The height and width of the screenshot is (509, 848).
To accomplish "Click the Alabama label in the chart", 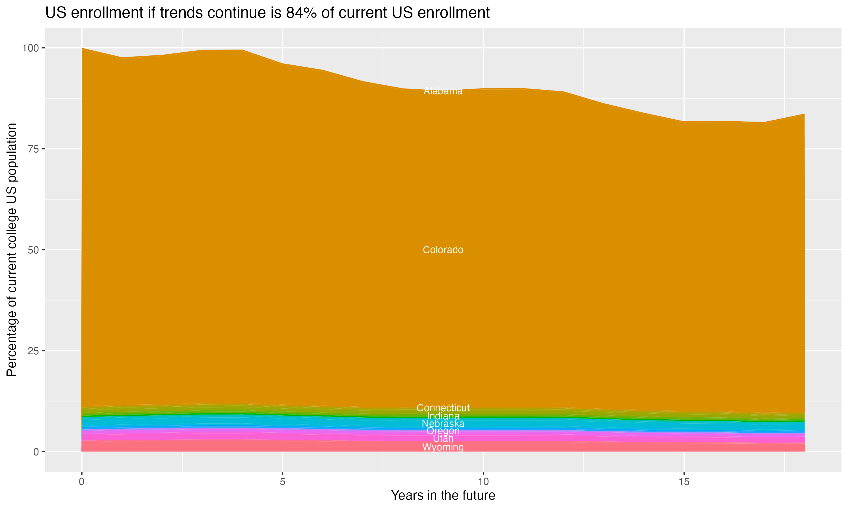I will tap(443, 91).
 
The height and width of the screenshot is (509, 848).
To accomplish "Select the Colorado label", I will tap(443, 250).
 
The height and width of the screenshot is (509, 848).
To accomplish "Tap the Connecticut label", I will tap(443, 408).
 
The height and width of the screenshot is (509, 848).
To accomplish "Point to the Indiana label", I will tap(443, 416).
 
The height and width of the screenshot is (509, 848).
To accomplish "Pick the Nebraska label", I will tap(443, 424).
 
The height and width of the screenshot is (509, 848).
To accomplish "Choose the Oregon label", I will tap(443, 431).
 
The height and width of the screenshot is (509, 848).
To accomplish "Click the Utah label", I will tap(443, 439).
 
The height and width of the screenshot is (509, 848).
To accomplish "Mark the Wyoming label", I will tap(443, 447).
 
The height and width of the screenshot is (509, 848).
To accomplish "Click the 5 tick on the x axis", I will tap(282, 482).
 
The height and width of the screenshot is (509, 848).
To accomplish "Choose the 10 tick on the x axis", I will tap(483, 482).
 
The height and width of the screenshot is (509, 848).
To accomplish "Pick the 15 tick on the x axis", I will tap(684, 482).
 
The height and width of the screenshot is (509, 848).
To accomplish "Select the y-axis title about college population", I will tap(12, 250).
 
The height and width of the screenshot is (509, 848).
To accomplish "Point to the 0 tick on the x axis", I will tap(82, 482).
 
